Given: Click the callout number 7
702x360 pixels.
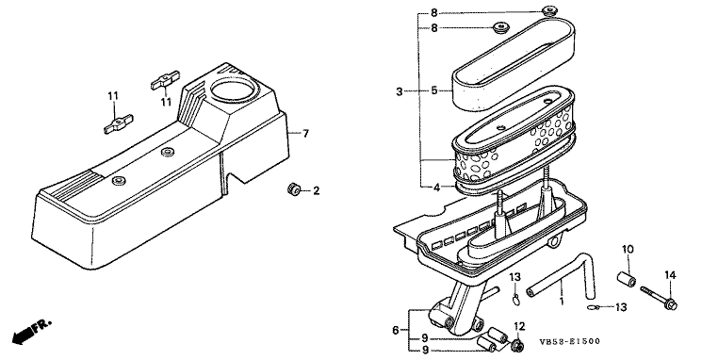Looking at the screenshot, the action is pyautogui.click(x=306, y=134).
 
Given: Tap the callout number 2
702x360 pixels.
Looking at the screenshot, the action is pyautogui.click(x=317, y=191).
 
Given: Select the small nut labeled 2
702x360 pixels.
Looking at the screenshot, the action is pyautogui.click(x=293, y=189).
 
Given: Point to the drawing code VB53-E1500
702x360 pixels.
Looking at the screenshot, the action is pyautogui.click(x=570, y=342).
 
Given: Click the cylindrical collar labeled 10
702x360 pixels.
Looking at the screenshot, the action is pyautogui.click(x=627, y=280).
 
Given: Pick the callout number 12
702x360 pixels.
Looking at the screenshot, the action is pyautogui.click(x=519, y=326).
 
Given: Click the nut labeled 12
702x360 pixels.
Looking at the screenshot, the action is pyautogui.click(x=518, y=345).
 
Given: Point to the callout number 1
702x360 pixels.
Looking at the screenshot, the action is pyautogui.click(x=562, y=301).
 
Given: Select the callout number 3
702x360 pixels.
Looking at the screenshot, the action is pyautogui.click(x=400, y=92).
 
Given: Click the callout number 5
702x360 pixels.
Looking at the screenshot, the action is pyautogui.click(x=434, y=90).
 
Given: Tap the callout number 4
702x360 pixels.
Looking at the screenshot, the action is pyautogui.click(x=437, y=188).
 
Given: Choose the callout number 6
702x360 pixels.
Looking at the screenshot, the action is pyautogui.click(x=396, y=331).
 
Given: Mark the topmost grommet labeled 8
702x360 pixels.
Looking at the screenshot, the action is pyautogui.click(x=548, y=10).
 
